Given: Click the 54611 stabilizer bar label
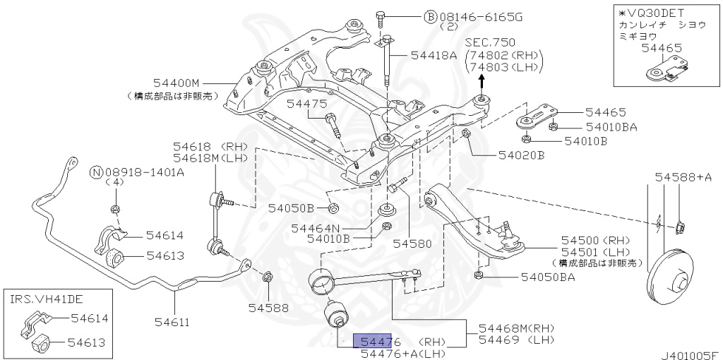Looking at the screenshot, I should (172, 323).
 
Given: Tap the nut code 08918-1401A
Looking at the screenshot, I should (145, 172).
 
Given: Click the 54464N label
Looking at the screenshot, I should (315, 228).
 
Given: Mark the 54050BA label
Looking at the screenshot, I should (548, 277).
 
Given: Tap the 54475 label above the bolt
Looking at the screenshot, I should (306, 104).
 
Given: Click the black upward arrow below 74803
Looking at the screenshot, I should (482, 80).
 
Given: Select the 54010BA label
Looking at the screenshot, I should (611, 127).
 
